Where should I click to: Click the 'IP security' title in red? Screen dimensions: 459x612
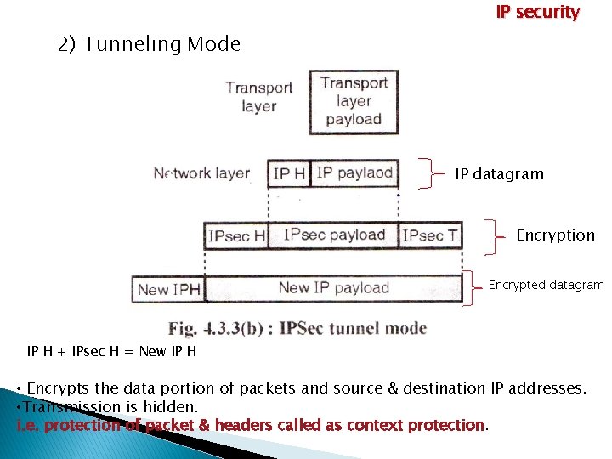click(537, 13)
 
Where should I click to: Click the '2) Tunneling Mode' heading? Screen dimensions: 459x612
click(149, 44)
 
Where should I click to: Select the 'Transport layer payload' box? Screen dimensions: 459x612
click(354, 101)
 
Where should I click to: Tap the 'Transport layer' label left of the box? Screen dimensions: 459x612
click(258, 96)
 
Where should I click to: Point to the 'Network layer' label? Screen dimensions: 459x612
click(201, 173)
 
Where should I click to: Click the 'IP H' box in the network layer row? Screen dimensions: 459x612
click(289, 173)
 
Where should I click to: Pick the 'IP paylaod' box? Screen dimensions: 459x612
click(354, 173)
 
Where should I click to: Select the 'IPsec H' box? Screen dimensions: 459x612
click(236, 235)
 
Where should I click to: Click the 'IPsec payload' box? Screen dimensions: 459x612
click(334, 235)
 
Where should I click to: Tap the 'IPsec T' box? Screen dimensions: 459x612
click(431, 235)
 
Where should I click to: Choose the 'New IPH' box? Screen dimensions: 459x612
click(168, 289)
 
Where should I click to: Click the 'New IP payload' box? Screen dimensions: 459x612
click(333, 288)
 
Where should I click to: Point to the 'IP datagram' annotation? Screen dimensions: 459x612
click(499, 174)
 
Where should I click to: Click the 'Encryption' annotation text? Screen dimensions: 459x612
click(555, 235)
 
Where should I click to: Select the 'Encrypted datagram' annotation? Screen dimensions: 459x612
click(546, 286)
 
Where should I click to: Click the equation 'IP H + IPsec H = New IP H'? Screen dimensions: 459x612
click(112, 351)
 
